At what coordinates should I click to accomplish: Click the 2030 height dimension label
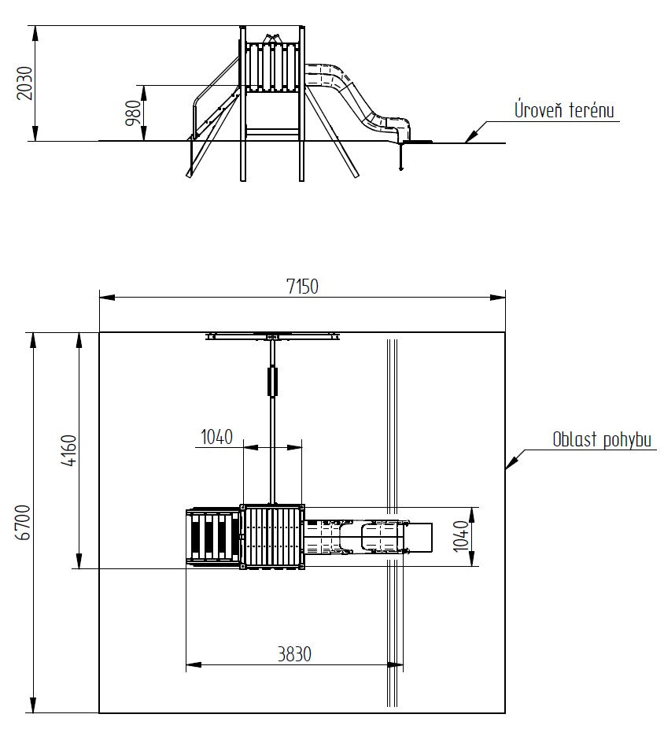point(24,83)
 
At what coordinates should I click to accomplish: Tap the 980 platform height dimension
point(134,113)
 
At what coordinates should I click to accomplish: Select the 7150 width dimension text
point(302,287)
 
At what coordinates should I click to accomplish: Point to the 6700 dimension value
point(24,522)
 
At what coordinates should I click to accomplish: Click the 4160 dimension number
point(69,450)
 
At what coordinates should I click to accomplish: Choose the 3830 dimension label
point(294,654)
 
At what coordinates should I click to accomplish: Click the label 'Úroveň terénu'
point(563,109)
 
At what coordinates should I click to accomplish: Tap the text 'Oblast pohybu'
point(602,440)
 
